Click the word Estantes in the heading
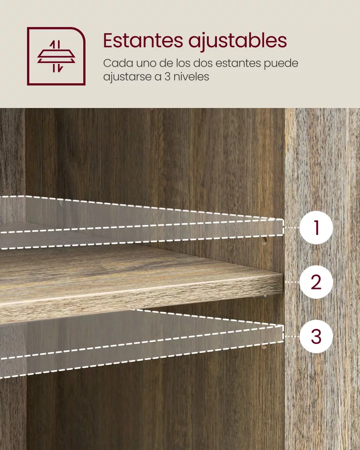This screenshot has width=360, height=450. coord(143,40)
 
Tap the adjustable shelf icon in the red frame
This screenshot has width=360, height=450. coord(56,56)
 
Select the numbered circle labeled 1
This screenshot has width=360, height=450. coord(316,228)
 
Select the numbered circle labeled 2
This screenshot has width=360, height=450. coord(316,282)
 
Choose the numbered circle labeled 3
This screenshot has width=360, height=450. coord(316,336)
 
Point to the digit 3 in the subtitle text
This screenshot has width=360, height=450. coord(168,77)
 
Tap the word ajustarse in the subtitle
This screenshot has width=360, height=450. coord(130,77)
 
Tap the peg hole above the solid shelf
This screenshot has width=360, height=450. coord(264,240)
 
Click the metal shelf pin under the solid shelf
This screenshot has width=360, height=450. coord(265,297)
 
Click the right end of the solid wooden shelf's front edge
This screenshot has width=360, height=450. coord(283,283)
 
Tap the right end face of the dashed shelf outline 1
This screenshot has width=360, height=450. coord(281,228)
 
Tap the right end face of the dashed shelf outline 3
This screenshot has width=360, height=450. coord(281,334)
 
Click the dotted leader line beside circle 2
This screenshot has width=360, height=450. coord(292,283)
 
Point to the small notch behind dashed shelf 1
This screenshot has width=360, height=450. coord(61,203)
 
